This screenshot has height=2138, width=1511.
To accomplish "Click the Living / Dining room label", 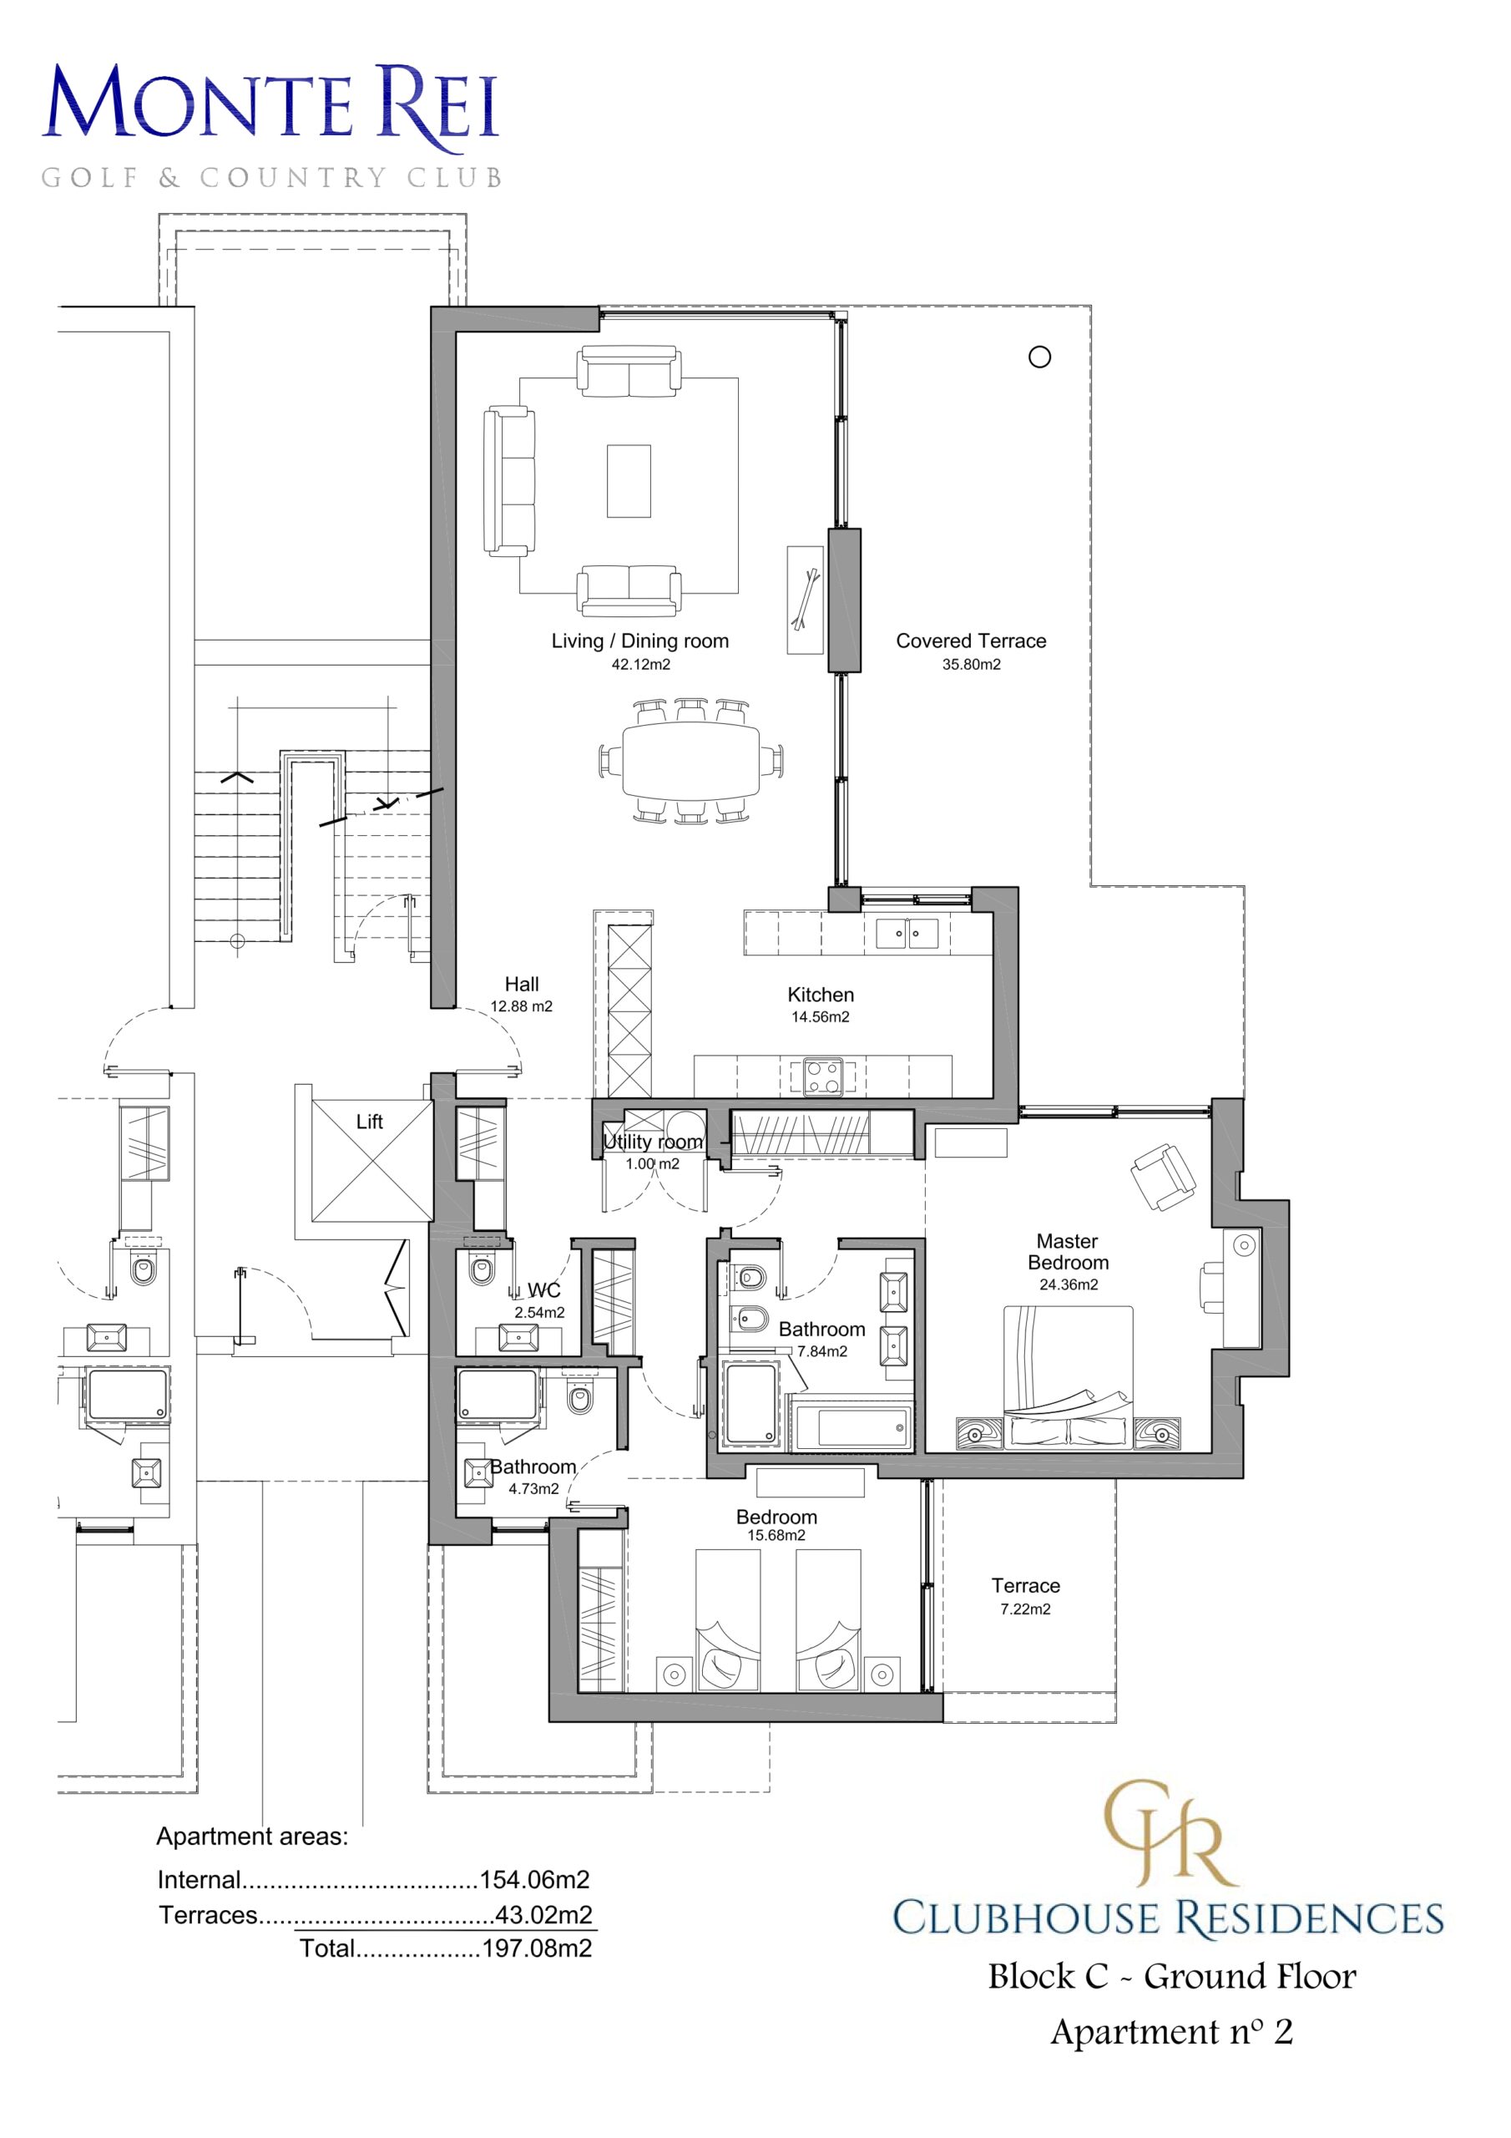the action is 639,641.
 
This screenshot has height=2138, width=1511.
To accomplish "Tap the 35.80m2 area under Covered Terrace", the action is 971,664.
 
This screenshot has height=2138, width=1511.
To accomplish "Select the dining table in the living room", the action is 690,760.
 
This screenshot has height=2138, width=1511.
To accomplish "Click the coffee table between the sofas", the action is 629,480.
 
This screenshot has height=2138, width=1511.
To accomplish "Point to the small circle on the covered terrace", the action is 1040,357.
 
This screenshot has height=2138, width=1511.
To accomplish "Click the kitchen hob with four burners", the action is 824,1077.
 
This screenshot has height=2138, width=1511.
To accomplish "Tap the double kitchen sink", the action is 907,932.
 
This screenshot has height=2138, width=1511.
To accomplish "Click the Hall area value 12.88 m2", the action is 522,1006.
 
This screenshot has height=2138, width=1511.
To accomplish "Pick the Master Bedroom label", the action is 1068,1252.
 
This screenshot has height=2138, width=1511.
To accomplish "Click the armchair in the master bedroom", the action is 1163,1177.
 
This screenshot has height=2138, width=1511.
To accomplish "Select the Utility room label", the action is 653,1142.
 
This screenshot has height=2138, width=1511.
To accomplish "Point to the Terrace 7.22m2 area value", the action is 1025,1609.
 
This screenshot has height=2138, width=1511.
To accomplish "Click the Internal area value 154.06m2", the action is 534,1879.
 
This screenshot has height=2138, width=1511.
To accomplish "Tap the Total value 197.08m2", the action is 537,1948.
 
